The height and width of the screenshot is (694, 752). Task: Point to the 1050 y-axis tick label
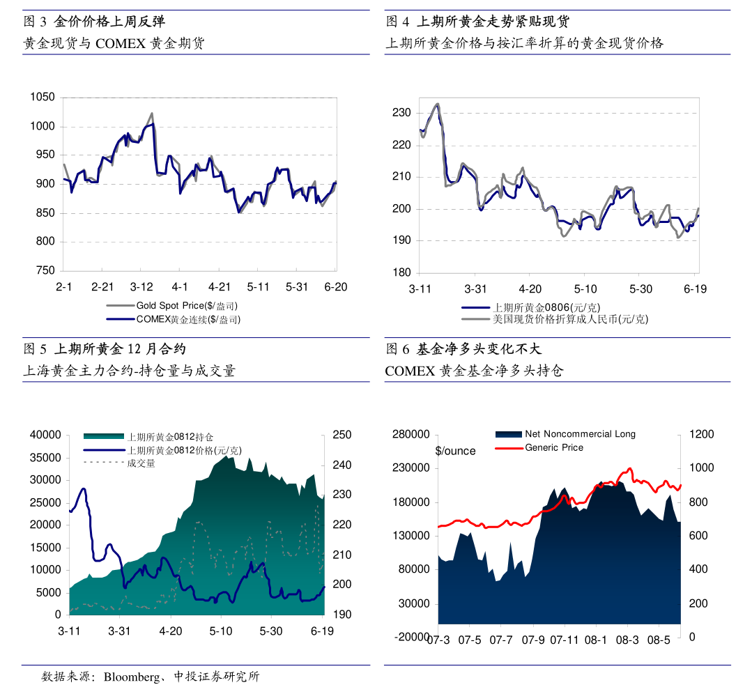(43, 98)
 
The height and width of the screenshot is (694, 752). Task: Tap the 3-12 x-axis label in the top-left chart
(141, 286)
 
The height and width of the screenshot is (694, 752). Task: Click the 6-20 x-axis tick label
(336, 286)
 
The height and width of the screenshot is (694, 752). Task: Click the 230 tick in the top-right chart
(401, 113)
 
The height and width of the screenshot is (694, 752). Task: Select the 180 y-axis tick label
(401, 272)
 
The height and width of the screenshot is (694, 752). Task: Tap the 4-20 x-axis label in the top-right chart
(530, 289)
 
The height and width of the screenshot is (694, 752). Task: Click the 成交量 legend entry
(141, 463)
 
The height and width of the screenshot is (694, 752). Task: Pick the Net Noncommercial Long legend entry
(580, 434)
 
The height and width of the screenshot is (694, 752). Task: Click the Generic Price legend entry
(554, 447)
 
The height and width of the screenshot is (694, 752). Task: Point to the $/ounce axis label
(455, 451)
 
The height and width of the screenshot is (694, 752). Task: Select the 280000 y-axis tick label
(412, 435)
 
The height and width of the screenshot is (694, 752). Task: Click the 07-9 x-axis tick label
(533, 640)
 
